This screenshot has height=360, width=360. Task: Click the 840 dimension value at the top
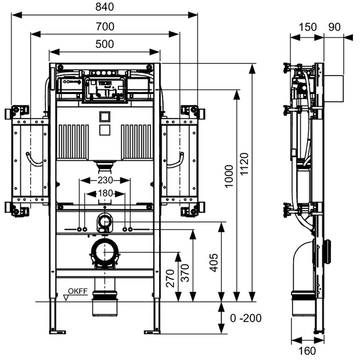[105, 7]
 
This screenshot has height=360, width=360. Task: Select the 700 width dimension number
[105, 26]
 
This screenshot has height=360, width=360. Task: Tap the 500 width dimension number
[105, 44]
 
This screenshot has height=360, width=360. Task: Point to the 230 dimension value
[105, 181]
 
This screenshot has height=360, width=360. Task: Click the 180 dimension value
[105, 193]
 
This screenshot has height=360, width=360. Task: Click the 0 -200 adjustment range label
[246, 318]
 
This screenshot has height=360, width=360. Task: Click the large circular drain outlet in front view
[105, 253]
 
